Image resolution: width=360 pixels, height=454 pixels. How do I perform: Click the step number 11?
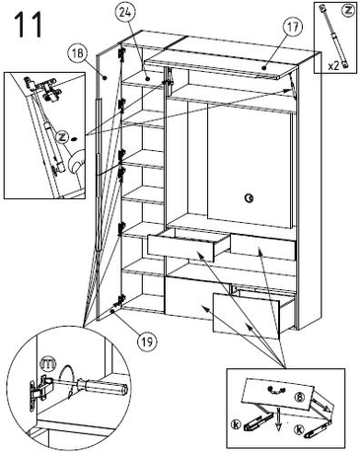29,25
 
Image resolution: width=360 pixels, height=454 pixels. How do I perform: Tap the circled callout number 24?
123,14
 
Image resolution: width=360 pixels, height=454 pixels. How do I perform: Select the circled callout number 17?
293,28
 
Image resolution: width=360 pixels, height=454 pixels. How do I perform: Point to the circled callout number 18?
78,53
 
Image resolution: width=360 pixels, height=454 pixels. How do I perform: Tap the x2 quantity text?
333,66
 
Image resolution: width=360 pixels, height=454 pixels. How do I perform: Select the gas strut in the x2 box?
332,36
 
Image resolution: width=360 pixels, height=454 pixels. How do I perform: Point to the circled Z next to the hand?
62,137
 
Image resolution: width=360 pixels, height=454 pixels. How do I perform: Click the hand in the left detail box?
77,160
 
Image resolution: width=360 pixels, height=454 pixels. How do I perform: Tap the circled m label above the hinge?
47,364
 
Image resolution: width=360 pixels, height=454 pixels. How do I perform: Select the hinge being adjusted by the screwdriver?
38,391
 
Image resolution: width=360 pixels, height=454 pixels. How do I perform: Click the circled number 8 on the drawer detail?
299,397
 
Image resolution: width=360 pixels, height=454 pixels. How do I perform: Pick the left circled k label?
236,424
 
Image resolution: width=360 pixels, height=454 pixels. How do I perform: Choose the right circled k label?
299,429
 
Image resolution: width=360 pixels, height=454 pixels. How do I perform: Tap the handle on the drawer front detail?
275,390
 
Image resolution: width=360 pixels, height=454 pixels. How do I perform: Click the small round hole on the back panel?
249,198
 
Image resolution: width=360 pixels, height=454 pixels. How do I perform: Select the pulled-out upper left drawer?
188,245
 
